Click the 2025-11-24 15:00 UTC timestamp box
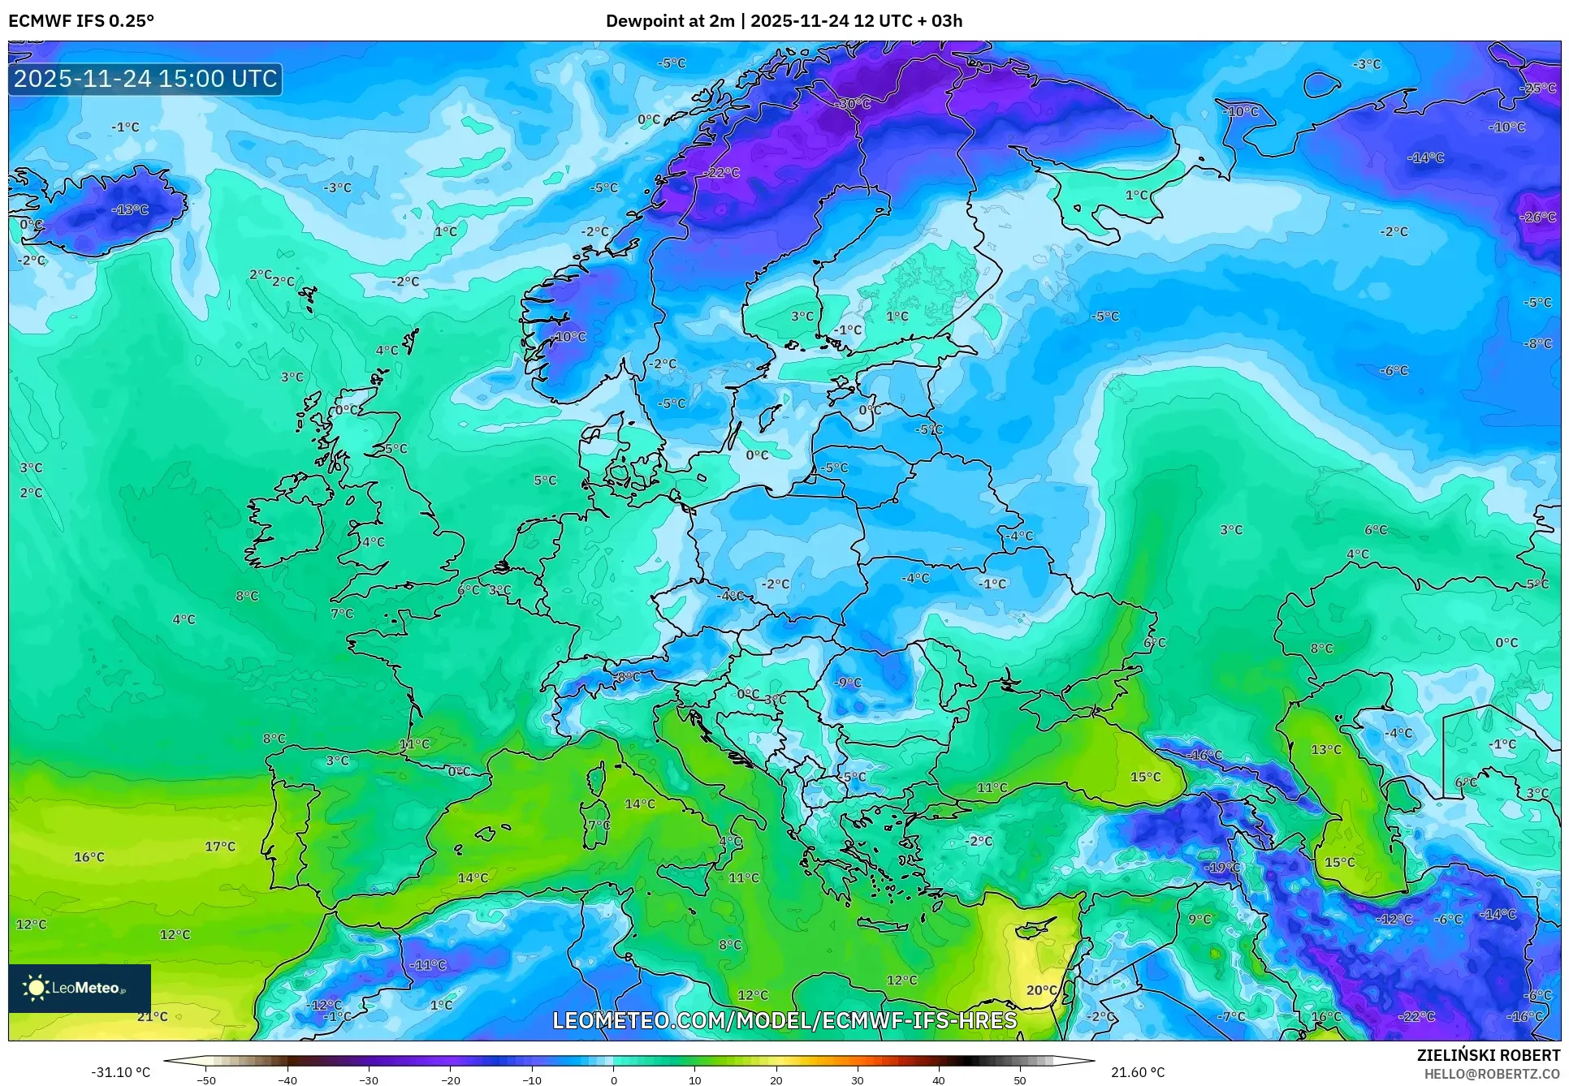[x=145, y=79]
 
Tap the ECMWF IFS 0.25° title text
[x=81, y=21]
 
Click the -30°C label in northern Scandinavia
[x=854, y=104]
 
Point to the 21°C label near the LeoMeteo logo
[x=153, y=1016]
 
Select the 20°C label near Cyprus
[x=1041, y=990]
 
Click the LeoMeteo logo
[x=80, y=988]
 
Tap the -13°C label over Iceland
[x=131, y=209]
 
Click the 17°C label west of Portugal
[x=220, y=847]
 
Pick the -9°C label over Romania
[x=848, y=682]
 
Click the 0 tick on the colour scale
[x=613, y=1080]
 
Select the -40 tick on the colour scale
[x=287, y=1080]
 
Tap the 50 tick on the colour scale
[x=1020, y=1080]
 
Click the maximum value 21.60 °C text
[x=1138, y=1072]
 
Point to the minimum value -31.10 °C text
[x=120, y=1072]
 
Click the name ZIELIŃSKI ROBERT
[x=1488, y=1055]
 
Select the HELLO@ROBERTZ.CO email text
[x=1492, y=1074]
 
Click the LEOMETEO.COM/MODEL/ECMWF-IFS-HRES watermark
[x=784, y=1020]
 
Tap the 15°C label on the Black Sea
[x=1146, y=777]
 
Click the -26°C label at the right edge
[x=1537, y=217]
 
